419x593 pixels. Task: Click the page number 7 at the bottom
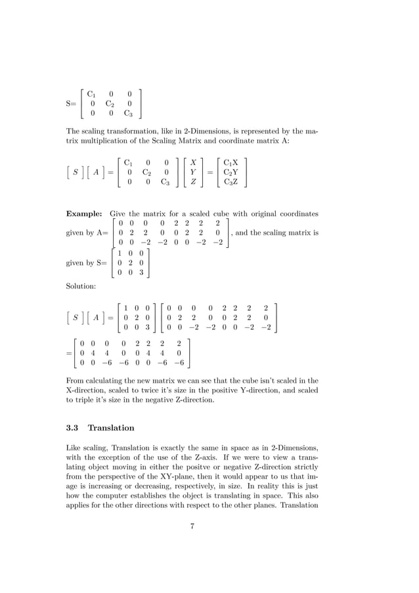point(192,525)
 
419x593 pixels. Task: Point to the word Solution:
point(81,286)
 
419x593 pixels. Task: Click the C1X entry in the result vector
point(231,162)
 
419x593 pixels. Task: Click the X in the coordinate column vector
point(193,162)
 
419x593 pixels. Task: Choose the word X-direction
point(89,389)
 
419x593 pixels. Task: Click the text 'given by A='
point(87,234)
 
